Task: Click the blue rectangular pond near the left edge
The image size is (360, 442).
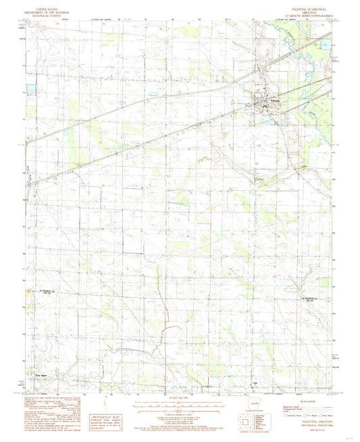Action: point(30,88)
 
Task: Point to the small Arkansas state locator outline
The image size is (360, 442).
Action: point(262,408)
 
